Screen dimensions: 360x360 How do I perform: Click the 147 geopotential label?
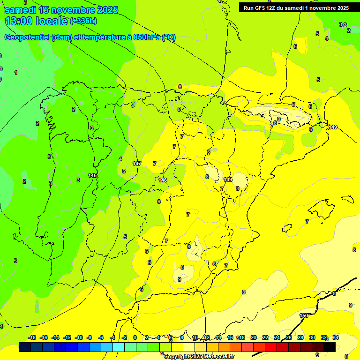tap(137, 164)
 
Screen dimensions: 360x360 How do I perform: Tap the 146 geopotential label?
tap(93, 175)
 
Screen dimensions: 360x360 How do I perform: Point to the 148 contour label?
tap(163, 180)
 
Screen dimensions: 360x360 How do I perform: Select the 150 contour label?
tap(304, 315)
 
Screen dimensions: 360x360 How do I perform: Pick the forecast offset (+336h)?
tap(83, 21)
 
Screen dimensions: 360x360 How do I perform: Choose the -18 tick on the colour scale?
tap(32, 337)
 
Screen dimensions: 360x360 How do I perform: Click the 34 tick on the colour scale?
tap(336, 337)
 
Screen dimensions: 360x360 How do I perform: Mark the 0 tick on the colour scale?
tap(135, 337)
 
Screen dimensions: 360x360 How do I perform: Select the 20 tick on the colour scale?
tap(254, 337)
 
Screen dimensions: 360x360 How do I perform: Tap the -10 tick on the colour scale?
tap(79, 337)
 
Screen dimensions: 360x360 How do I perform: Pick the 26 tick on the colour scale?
tap(289, 337)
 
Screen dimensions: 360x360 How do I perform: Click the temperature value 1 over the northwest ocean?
tap(16, 73)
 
